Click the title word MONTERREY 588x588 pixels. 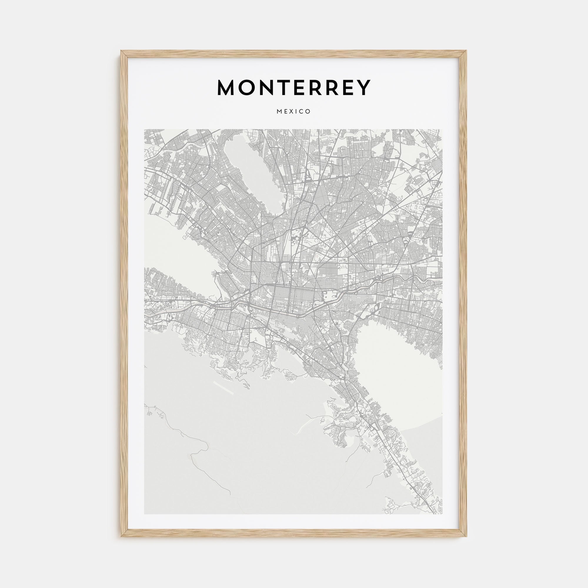294,88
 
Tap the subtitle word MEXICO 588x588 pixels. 294,112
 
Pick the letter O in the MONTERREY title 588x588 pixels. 246,88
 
